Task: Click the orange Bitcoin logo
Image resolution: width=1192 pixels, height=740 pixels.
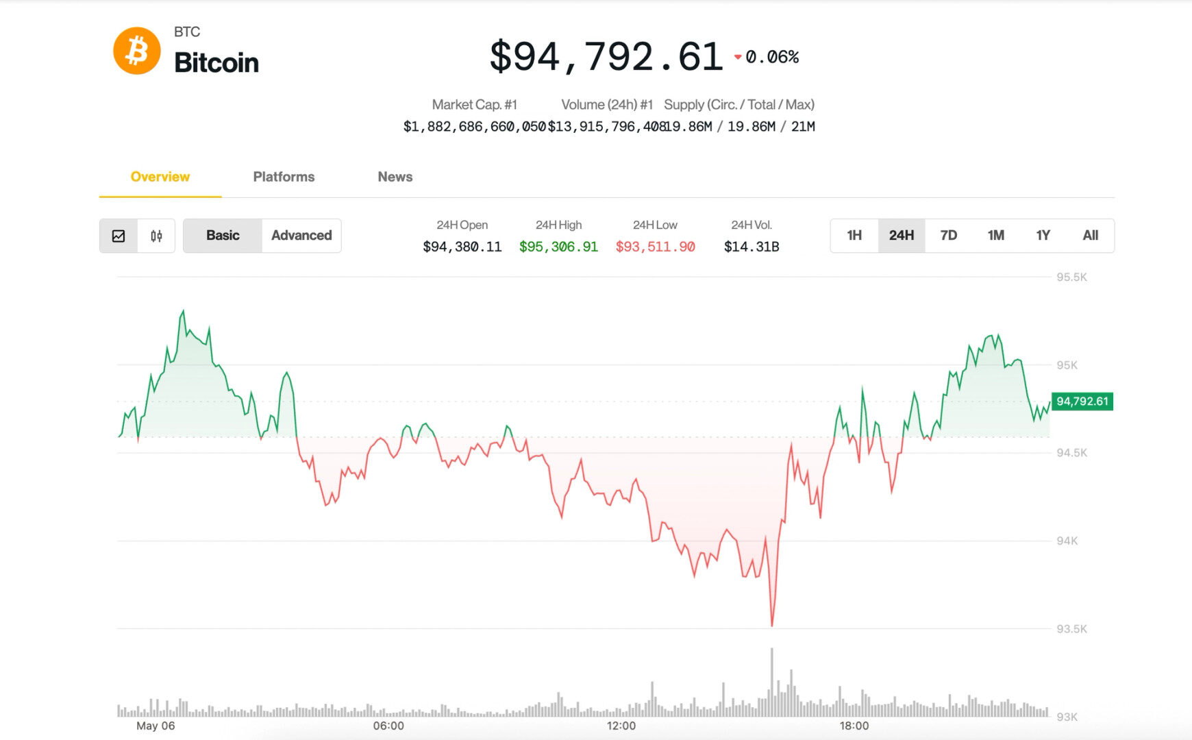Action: tap(137, 51)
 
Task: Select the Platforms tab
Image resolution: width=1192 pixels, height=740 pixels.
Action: tap(284, 177)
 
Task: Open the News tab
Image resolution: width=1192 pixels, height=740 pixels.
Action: tap(395, 177)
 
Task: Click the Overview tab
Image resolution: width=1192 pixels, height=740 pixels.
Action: tap(160, 177)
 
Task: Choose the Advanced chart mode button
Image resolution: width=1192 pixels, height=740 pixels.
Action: tap(301, 236)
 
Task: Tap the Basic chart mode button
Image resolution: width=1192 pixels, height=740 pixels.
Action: tap(223, 236)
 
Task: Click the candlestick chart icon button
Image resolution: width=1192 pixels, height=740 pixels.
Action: tap(156, 236)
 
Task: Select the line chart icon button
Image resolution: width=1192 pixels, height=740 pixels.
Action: tap(119, 236)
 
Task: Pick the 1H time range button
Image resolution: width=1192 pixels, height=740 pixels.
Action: tap(854, 236)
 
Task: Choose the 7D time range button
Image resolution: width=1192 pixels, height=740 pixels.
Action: tap(949, 236)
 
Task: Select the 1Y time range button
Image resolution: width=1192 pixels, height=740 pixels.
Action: tap(1043, 236)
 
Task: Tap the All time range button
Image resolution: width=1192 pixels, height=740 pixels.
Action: tap(1091, 236)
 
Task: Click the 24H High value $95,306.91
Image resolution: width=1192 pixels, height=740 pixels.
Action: tap(558, 247)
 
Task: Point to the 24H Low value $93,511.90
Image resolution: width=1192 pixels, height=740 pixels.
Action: tap(656, 247)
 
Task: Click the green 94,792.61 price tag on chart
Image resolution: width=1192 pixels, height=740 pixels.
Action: tap(1082, 402)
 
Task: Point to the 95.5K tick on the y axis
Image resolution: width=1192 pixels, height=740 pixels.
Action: tap(1071, 277)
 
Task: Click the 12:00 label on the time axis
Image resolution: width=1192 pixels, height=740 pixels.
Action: tap(621, 726)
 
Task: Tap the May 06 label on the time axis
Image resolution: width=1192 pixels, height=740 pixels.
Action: tap(156, 726)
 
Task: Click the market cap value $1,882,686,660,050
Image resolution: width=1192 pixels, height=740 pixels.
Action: tap(475, 127)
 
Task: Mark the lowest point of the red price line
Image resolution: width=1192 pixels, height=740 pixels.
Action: tap(772, 626)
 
